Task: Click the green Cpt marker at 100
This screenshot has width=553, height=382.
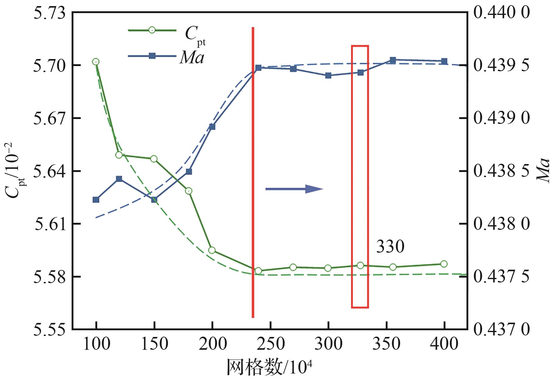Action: (x=96, y=62)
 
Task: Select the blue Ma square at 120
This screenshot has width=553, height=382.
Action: (x=119, y=179)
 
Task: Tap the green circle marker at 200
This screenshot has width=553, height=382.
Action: (x=212, y=250)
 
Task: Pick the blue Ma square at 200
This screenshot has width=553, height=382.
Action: (x=212, y=127)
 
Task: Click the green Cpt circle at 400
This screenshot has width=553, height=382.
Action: (x=444, y=264)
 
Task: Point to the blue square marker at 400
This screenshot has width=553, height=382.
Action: (x=444, y=61)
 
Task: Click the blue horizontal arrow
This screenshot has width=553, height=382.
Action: (x=294, y=189)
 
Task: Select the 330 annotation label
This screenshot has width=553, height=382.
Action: (x=390, y=247)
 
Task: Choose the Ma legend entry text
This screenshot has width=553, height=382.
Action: (x=192, y=58)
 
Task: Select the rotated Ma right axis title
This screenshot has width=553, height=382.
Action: (x=543, y=170)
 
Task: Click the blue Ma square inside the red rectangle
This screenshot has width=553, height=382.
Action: (x=360, y=72)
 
